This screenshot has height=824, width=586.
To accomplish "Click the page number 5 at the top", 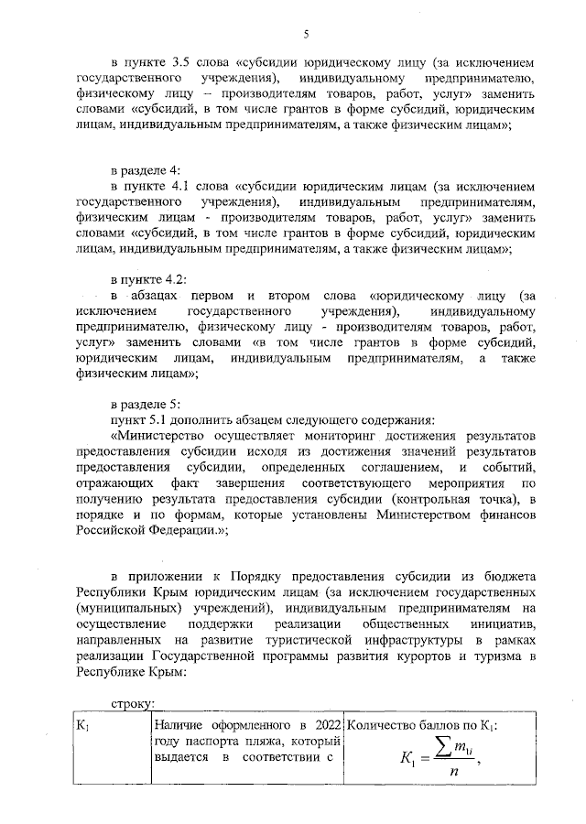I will point(307,34).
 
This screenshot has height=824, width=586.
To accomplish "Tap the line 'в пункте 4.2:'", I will point(148,278).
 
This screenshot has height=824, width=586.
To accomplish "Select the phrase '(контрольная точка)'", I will point(445,498).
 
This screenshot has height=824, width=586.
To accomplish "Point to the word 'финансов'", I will point(507,515).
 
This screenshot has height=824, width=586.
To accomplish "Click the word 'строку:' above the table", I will point(132,703).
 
